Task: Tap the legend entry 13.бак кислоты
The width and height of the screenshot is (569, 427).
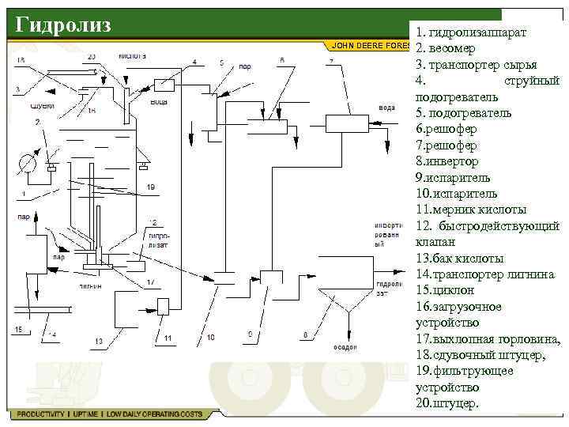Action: (x=459, y=259)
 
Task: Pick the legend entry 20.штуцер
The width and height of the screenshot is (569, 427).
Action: (x=447, y=403)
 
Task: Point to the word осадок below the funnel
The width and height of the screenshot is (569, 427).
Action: (x=345, y=346)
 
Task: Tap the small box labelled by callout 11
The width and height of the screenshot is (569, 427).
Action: (x=165, y=307)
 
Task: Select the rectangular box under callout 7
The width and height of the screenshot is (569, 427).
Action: (x=345, y=123)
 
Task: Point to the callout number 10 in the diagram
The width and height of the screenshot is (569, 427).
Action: (x=210, y=338)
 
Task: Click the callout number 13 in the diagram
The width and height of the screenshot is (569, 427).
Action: (x=99, y=341)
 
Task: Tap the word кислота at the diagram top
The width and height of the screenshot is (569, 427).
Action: (x=132, y=57)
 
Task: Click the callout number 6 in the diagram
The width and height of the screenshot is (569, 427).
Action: (x=281, y=60)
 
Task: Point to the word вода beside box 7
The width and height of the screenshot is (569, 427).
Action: (x=386, y=107)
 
